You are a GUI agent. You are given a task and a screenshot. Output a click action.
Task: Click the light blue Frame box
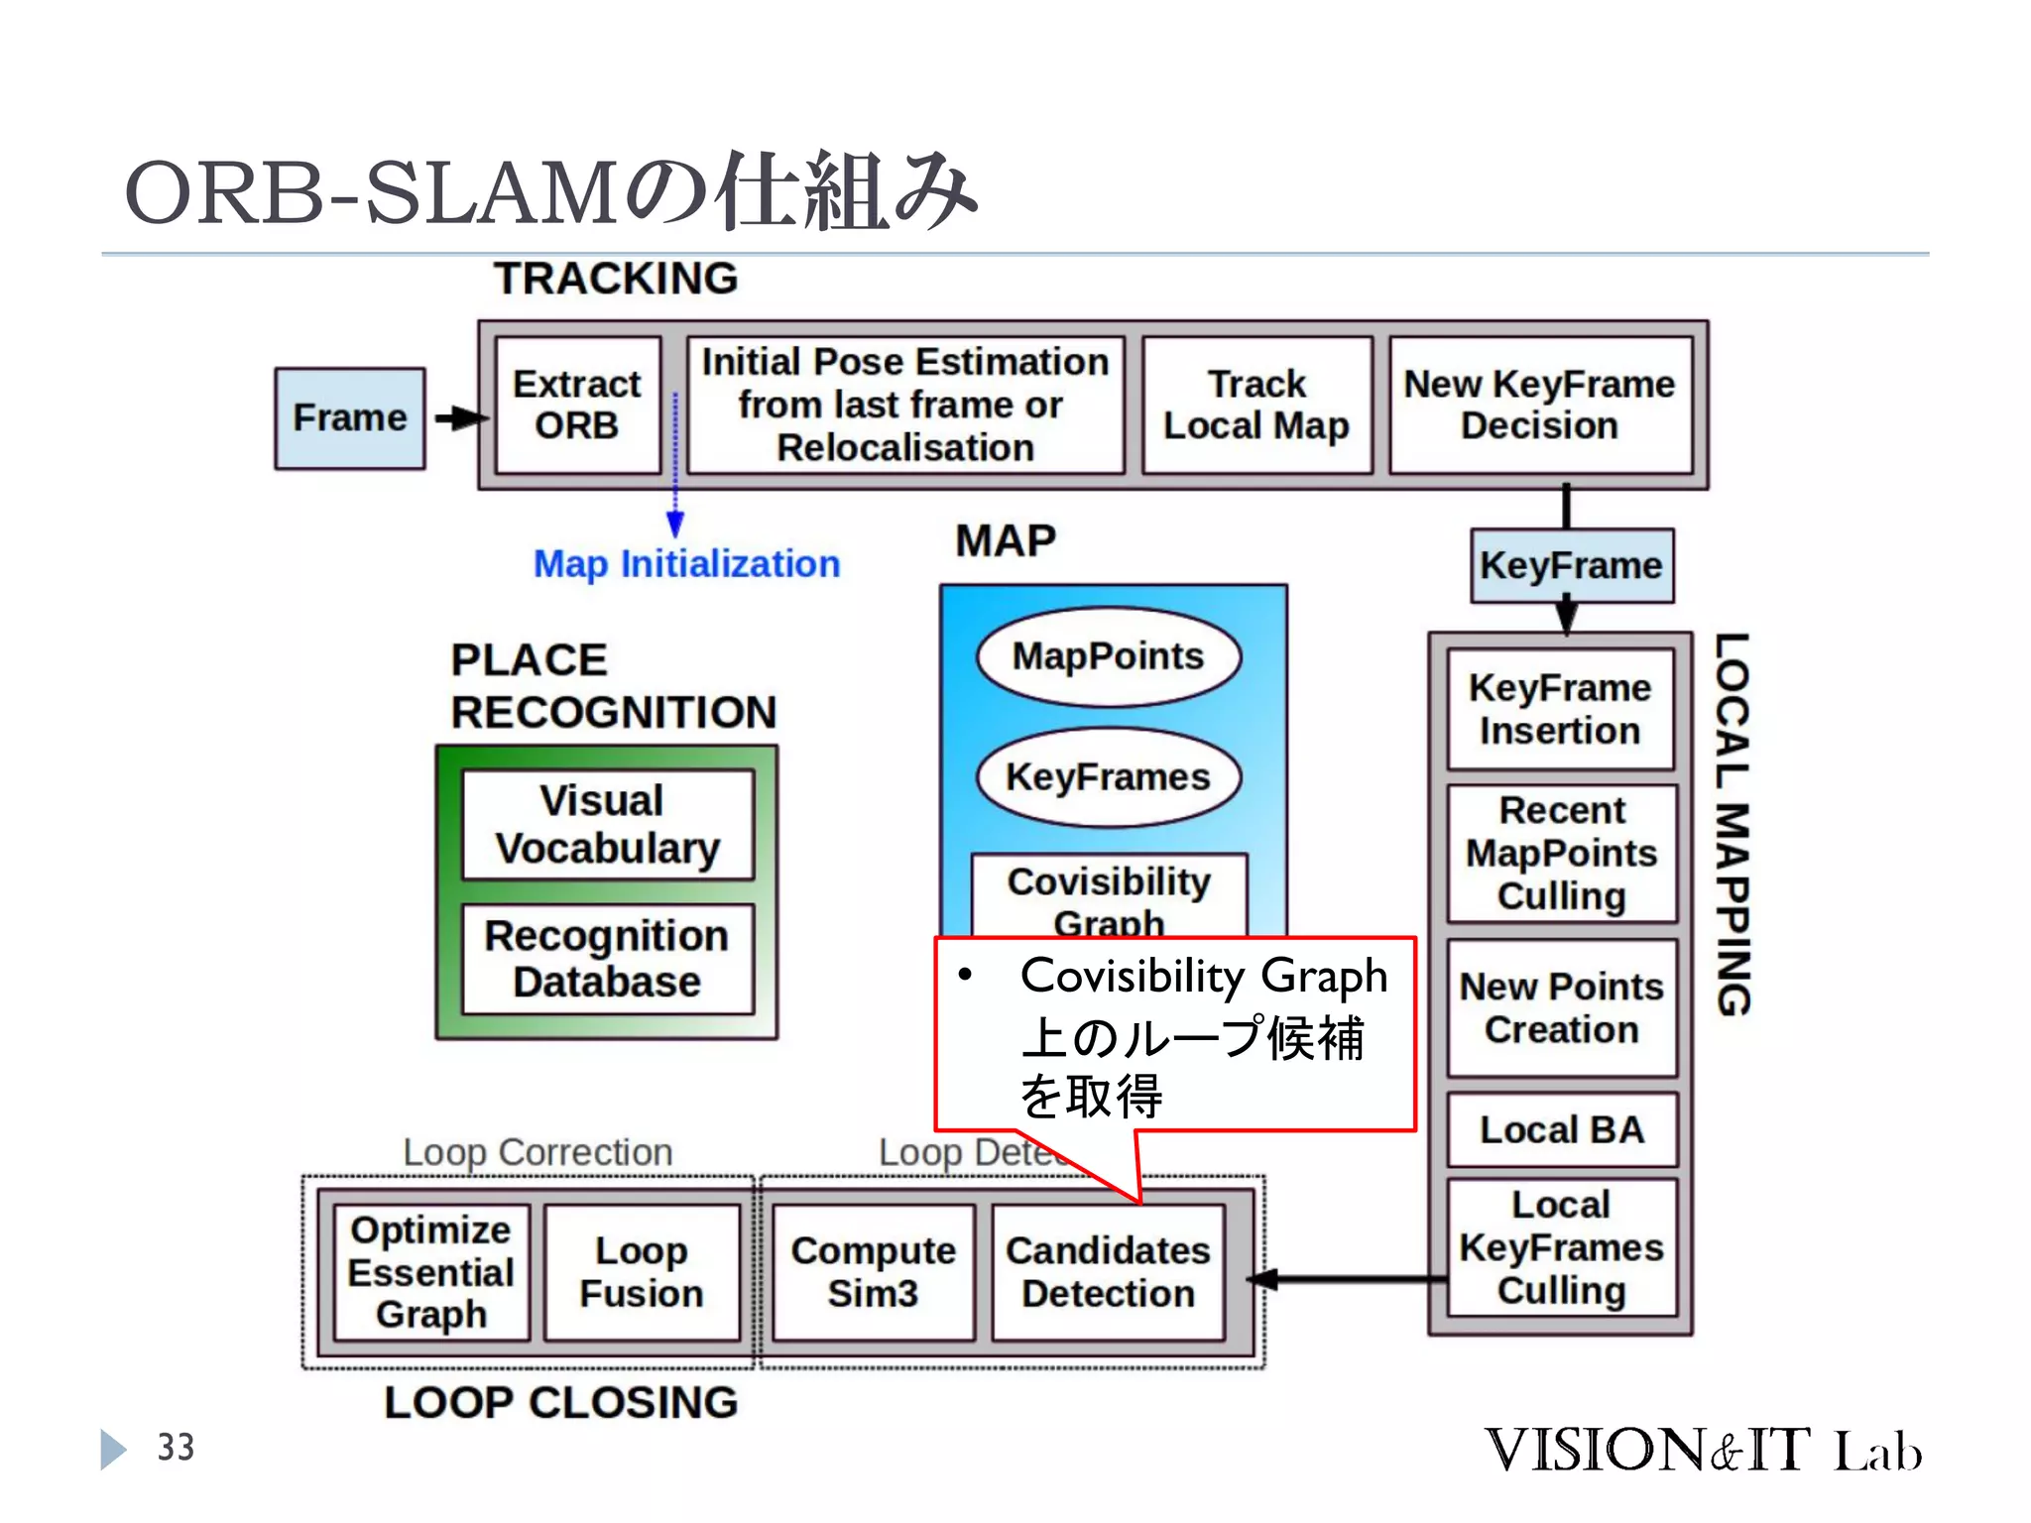tap(349, 418)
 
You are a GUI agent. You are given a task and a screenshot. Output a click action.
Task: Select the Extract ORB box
tap(577, 405)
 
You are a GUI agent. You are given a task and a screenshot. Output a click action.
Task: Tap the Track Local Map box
tap(1256, 405)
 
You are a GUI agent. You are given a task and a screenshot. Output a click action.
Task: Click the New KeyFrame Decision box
tap(1539, 405)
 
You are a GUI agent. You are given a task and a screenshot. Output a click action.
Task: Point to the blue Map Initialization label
tap(686, 564)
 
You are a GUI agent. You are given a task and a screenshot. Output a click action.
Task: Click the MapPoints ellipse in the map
tap(1108, 656)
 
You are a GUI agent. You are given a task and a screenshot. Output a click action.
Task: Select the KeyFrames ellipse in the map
tap(1108, 776)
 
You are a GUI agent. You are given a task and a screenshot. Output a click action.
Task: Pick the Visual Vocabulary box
tap(607, 824)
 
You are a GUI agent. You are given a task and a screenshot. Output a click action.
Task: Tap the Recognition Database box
tap(607, 959)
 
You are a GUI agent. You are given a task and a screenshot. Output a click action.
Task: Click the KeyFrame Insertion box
tap(1560, 709)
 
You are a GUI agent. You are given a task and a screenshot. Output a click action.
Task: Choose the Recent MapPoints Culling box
tap(1561, 853)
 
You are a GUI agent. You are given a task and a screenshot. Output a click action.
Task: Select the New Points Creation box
tap(1561, 1007)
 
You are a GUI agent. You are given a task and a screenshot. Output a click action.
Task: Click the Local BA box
tap(1561, 1129)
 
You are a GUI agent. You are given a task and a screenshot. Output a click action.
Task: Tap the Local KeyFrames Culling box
tap(1561, 1247)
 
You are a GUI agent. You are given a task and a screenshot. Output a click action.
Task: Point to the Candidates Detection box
tap(1108, 1272)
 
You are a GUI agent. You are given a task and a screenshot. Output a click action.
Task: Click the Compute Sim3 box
tap(873, 1272)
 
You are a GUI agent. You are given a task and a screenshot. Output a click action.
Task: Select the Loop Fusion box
tap(642, 1272)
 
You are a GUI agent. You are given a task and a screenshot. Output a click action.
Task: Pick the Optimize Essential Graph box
tap(431, 1272)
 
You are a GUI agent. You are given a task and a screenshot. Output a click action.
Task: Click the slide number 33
tap(177, 1448)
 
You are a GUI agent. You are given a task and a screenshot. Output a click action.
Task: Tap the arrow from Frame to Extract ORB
tap(459, 418)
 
